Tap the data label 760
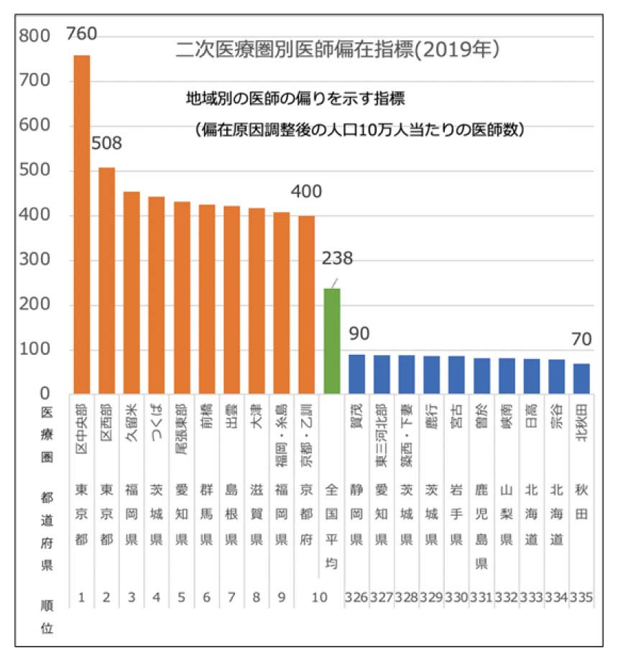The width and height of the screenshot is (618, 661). click(x=81, y=34)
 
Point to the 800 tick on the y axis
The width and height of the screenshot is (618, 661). click(x=34, y=37)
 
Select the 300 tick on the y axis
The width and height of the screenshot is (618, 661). click(x=34, y=260)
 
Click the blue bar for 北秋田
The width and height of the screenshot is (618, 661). click(x=581, y=379)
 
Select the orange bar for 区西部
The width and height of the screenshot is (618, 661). click(x=106, y=280)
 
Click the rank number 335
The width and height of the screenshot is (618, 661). click(x=582, y=598)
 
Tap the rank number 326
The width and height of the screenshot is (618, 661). click(x=357, y=598)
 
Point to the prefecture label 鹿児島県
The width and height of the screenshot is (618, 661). click(x=481, y=528)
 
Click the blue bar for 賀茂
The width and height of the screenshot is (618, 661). click(x=357, y=374)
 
